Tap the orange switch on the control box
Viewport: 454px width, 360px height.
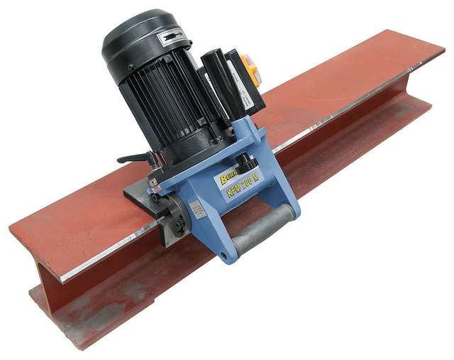[249, 68]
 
